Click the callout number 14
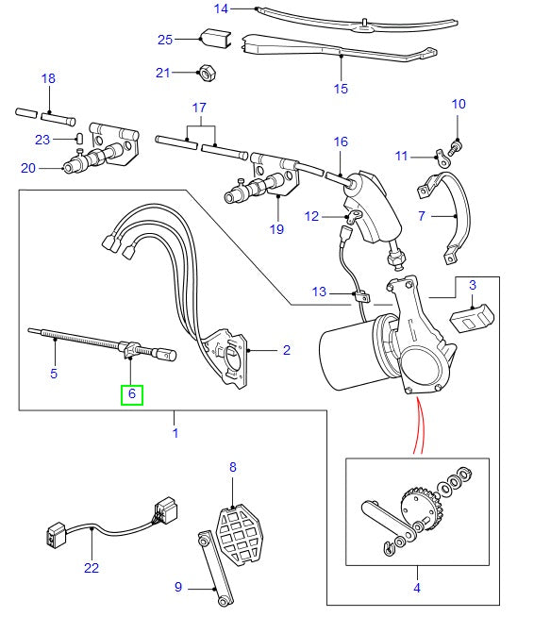pyautogui.click(x=221, y=9)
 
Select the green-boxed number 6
pyautogui.click(x=131, y=393)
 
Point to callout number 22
pyautogui.click(x=91, y=569)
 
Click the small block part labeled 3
pyautogui.click(x=473, y=318)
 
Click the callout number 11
pyautogui.click(x=401, y=156)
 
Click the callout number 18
pyautogui.click(x=49, y=78)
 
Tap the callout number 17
pyautogui.click(x=199, y=108)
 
